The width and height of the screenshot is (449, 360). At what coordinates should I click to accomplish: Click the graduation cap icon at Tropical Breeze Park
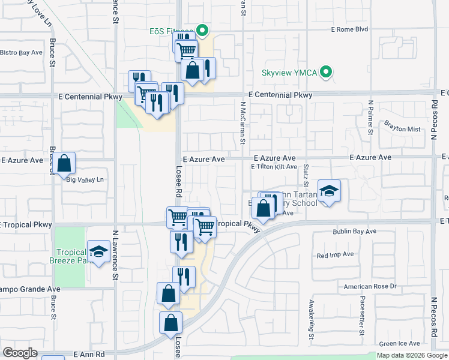(x=98, y=251)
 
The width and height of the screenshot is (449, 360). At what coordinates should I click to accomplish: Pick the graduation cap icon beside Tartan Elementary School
(x=329, y=191)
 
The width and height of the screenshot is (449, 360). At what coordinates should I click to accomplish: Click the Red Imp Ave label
(x=336, y=255)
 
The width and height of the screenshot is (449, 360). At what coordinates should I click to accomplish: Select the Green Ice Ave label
(x=400, y=344)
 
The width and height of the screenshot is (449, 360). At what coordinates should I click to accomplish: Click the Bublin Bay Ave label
(x=355, y=231)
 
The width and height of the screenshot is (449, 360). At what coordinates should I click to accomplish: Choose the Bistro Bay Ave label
(x=21, y=53)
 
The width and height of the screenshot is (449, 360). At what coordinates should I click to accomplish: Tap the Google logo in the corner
(x=20, y=353)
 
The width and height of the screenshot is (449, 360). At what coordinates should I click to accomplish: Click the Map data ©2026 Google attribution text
(x=412, y=356)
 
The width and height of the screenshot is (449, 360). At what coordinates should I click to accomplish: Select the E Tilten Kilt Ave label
(x=274, y=167)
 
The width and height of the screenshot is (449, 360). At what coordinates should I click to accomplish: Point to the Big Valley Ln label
(x=85, y=179)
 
